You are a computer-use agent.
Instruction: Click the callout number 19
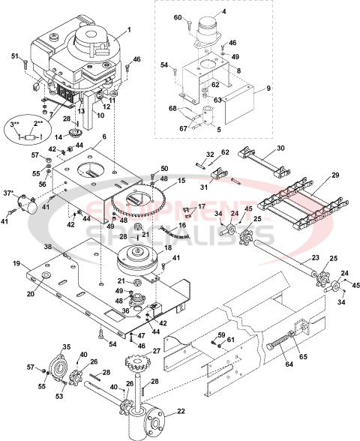16,264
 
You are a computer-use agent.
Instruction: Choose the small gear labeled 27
140,370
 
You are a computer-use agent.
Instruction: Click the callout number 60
178,16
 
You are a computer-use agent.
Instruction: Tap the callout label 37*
10,193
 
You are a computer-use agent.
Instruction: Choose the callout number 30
281,148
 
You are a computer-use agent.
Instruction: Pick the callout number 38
47,246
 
